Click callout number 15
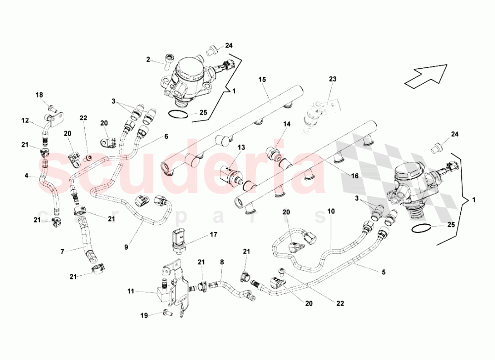tap(262, 79)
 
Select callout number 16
tap(355, 176)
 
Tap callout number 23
tap(333, 79)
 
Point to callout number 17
tap(213, 235)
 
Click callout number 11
tap(131, 291)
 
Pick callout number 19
tap(144, 315)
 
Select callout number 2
tap(148, 59)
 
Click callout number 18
tap(39, 95)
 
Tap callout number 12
tap(25, 120)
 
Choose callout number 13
tap(241, 148)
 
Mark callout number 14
tap(286, 124)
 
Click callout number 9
tap(126, 247)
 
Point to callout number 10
tap(331, 211)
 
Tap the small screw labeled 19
tap(167, 313)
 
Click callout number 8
tap(222, 262)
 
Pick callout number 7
tap(62, 252)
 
